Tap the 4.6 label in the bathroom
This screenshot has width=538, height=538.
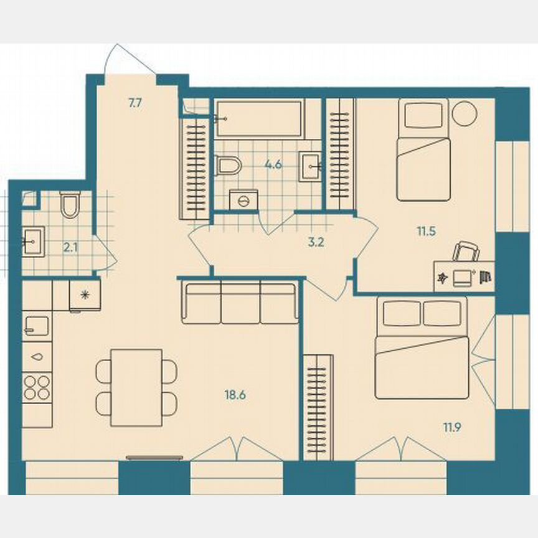coord(272,165)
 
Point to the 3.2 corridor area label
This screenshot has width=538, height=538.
coord(316,242)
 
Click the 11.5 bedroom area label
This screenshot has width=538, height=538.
coord(426,231)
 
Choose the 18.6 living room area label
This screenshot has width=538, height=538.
coord(235,394)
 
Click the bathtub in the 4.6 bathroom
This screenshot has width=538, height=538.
coord(259,118)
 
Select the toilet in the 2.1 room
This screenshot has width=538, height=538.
coord(70,204)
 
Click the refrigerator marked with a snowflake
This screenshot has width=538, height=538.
coord(85,295)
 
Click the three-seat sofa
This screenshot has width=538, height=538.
coord(240,303)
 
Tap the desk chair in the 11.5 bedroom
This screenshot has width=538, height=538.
coord(466,251)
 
